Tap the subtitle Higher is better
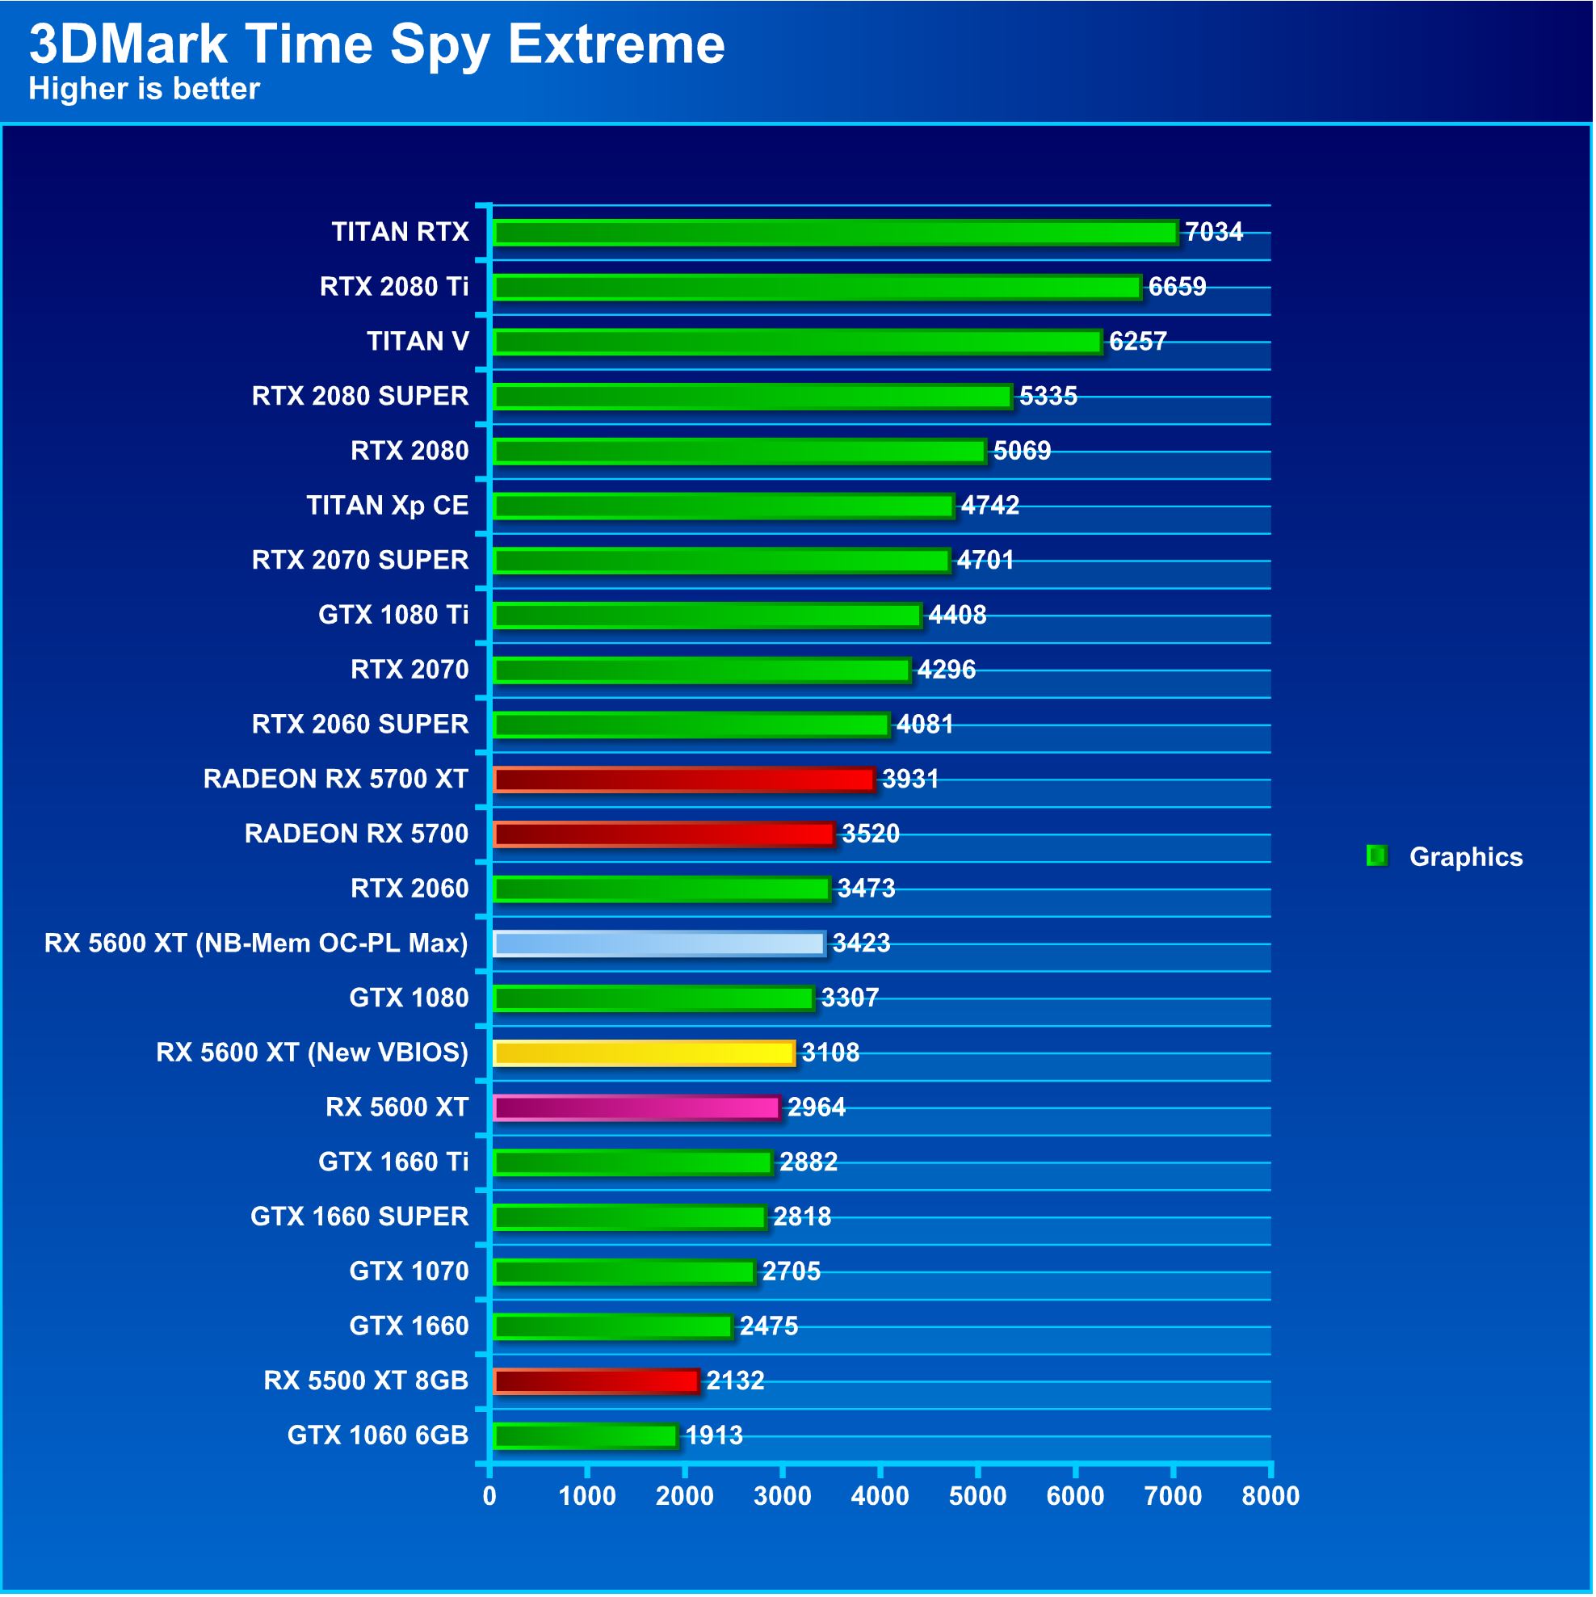coord(144,88)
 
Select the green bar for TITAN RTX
coord(835,233)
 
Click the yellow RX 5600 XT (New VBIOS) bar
coord(643,1053)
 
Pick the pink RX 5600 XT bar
coord(636,1107)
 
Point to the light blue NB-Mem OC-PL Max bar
coord(658,943)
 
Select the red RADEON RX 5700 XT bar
coord(682,780)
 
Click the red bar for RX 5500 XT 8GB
coord(595,1381)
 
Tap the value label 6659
coord(1177,287)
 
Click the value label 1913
coord(714,1435)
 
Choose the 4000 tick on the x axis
coord(880,1496)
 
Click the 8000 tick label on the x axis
coord(1270,1496)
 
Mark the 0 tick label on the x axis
coord(490,1496)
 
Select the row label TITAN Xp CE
coord(387,505)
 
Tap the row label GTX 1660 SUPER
coord(359,1217)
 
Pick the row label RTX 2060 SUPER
coord(359,724)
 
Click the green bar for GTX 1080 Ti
coord(707,615)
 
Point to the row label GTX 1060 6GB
coord(378,1435)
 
